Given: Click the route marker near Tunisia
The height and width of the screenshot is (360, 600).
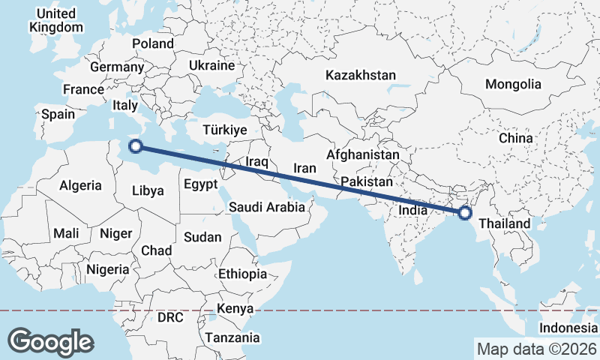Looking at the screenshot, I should [135, 145].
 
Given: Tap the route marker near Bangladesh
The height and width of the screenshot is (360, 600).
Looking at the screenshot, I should [465, 212].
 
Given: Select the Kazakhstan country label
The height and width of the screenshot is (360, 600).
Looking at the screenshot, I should [360, 75].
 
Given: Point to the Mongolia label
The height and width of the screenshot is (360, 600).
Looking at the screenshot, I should [513, 84].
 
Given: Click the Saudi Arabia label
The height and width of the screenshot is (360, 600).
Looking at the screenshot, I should [267, 207].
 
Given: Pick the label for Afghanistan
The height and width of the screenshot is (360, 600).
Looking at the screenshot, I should [363, 154].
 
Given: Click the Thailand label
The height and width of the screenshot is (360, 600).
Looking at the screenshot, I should [504, 223].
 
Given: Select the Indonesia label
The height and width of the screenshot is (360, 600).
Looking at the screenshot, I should [568, 328].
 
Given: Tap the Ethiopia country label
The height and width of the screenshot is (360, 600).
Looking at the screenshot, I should [242, 274].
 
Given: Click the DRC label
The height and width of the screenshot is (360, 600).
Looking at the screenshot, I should [170, 317].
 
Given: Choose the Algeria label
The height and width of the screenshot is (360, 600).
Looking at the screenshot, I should [80, 184].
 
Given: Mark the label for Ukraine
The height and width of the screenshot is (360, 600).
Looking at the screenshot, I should [212, 66].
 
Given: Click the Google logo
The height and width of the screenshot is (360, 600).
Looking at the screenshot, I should [50, 341].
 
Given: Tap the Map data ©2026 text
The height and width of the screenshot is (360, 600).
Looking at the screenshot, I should [536, 349].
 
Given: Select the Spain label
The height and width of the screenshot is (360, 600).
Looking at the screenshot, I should [58, 114].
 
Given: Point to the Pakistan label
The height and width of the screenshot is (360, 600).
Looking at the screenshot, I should [366, 182].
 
